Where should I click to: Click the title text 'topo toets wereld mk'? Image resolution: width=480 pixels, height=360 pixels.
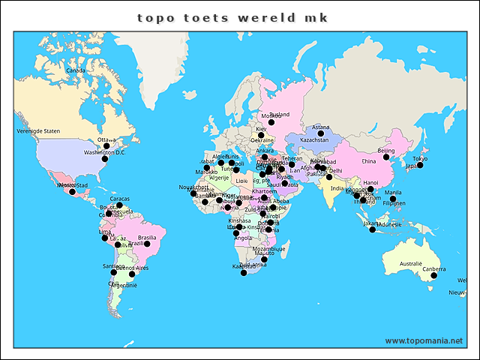pyautogui.click(x=232, y=17)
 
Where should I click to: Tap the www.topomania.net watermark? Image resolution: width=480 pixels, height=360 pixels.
pyautogui.click(x=424, y=340)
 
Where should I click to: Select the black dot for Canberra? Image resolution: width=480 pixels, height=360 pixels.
pyautogui.click(x=433, y=277)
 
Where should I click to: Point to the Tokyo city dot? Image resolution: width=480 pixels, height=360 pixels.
pyautogui.click(x=420, y=165)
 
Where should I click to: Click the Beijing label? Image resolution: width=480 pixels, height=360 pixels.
pyautogui.click(x=385, y=150)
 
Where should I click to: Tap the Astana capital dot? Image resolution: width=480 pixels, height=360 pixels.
pyautogui.click(x=320, y=133)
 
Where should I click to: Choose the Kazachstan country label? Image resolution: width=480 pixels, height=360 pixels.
pyautogui.click(x=314, y=139)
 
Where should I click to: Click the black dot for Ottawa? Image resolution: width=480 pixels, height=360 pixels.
pyautogui.click(x=106, y=146)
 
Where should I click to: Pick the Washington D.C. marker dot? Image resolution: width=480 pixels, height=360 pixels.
pyautogui.click(x=105, y=159)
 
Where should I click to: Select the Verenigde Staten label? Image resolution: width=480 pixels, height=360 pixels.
pyautogui.click(x=38, y=130)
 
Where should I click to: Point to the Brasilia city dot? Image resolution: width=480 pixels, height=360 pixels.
pyautogui.click(x=148, y=244)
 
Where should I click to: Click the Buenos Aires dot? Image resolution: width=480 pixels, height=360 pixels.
pyautogui.click(x=132, y=274)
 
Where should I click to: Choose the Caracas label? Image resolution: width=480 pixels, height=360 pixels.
pyautogui.click(x=120, y=199)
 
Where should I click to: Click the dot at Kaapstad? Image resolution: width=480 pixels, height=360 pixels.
pyautogui.click(x=243, y=273)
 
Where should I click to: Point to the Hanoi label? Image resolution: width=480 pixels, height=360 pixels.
pyautogui.click(x=370, y=182)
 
